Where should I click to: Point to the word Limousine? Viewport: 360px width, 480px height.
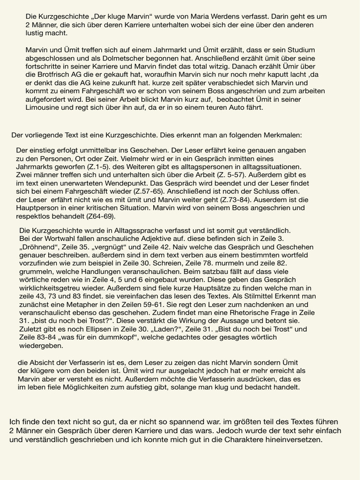tap(44, 107)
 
